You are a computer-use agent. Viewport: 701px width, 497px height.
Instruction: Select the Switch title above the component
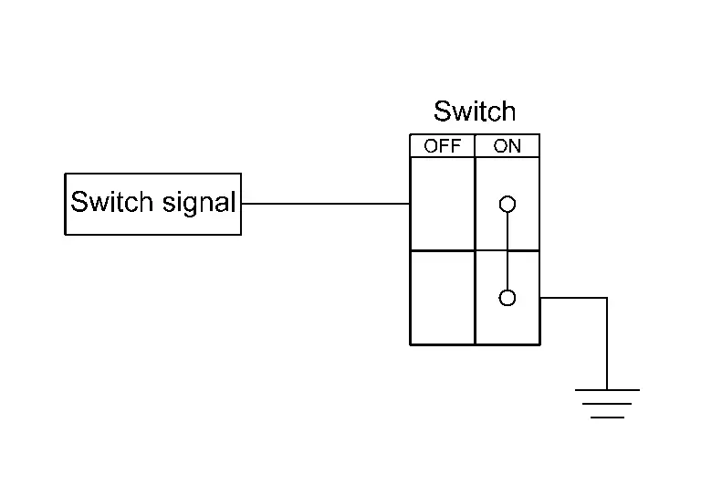pos(474,112)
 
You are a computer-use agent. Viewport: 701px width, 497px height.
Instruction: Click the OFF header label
pos(443,146)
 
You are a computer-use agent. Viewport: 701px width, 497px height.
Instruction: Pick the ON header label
pos(507,146)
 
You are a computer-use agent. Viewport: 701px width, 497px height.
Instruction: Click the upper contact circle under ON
pos(507,203)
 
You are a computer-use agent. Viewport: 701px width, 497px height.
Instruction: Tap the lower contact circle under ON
pos(507,298)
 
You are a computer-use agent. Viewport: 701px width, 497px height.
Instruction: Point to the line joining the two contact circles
pos(507,250)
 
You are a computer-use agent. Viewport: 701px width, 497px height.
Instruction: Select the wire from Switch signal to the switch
pos(325,203)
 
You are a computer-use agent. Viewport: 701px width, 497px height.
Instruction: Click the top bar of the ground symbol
pos(607,390)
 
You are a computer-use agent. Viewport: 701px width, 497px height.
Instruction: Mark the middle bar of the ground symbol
pos(607,404)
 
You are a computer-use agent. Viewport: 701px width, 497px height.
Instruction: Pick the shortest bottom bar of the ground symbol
pos(607,418)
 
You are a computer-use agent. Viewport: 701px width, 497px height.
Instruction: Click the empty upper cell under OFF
pos(443,203)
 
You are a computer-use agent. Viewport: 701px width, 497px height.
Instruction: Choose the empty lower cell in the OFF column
pos(443,298)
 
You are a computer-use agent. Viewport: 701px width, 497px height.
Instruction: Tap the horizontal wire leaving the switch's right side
pos(573,298)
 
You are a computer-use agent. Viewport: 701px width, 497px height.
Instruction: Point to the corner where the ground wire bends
pos(607,298)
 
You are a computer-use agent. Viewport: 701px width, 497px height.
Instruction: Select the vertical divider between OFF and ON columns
pos(476,274)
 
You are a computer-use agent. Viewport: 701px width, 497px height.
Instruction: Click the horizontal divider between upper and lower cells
pos(443,250)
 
